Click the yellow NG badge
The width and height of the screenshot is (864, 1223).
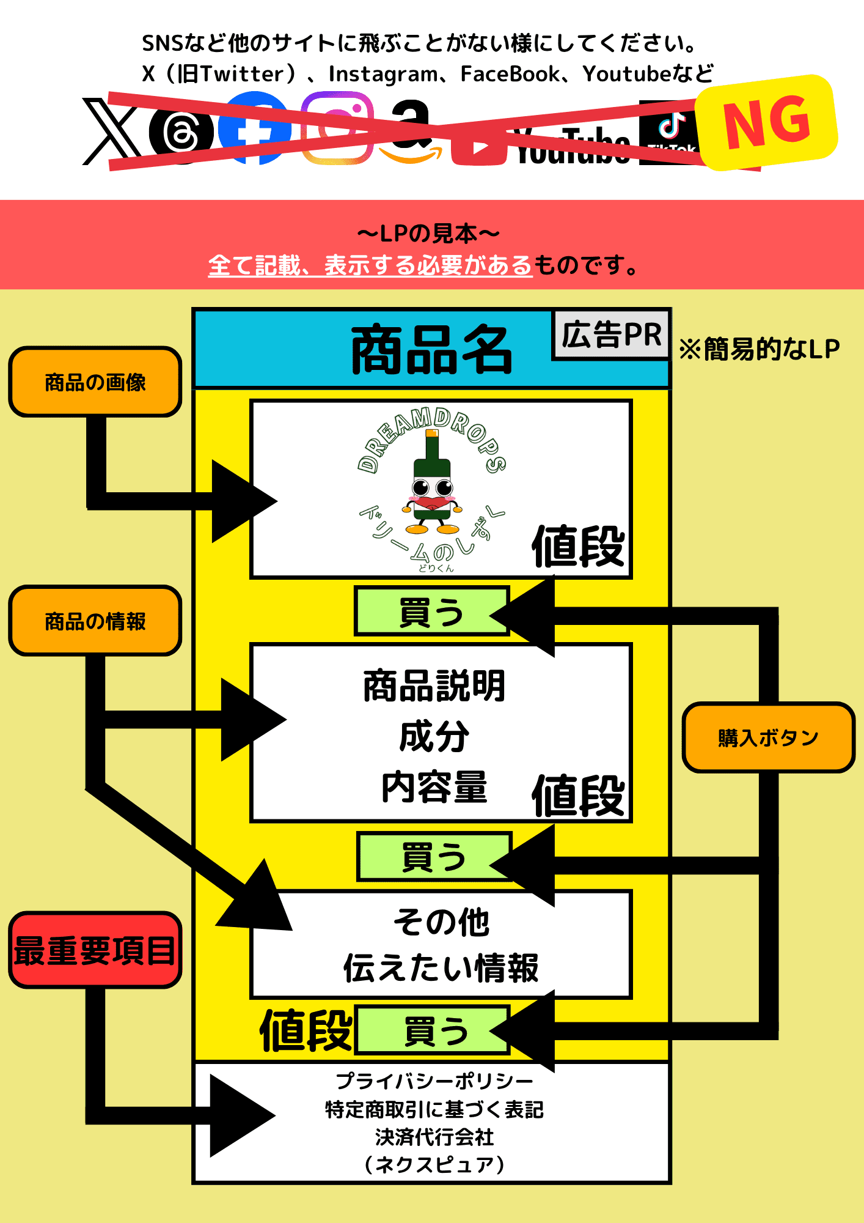(767, 123)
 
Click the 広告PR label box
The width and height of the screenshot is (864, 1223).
(611, 335)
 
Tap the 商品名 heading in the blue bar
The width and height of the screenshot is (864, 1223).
(431, 350)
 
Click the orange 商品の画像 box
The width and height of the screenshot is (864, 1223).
(95, 382)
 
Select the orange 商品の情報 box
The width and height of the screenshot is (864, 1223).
(95, 621)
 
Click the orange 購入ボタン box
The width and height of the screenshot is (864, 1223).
(768, 737)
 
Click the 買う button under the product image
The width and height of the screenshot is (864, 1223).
(431, 612)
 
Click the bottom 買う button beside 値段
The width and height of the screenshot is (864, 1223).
(434, 1031)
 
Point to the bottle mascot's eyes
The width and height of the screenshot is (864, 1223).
(432, 487)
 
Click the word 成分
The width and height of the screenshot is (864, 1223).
(434, 736)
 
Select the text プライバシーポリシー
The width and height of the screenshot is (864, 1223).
(434, 1081)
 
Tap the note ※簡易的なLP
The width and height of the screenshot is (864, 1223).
(760, 349)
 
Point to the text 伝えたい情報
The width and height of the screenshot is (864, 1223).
(441, 968)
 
